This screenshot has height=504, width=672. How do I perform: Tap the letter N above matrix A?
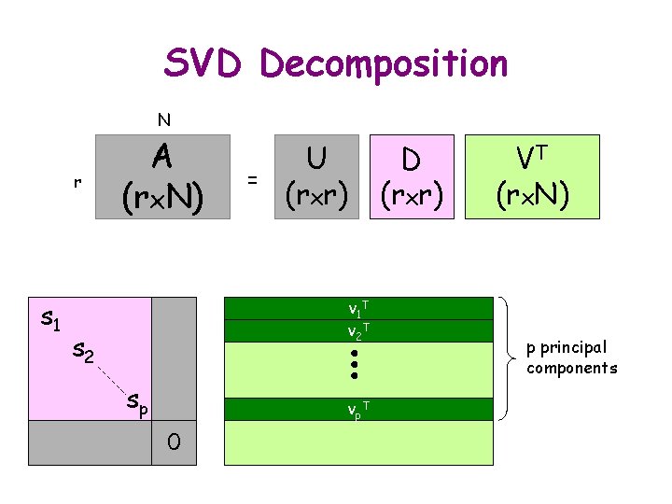[x=163, y=119]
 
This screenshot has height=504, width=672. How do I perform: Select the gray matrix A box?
[x=162, y=176]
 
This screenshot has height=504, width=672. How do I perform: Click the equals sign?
[x=251, y=178]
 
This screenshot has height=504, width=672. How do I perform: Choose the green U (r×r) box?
[x=316, y=176]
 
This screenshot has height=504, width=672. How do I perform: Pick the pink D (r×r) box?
[x=411, y=176]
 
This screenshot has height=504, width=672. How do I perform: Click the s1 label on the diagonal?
[x=51, y=320]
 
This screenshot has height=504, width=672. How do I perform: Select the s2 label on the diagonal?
[x=84, y=353]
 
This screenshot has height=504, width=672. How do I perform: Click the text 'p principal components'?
[x=571, y=357]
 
